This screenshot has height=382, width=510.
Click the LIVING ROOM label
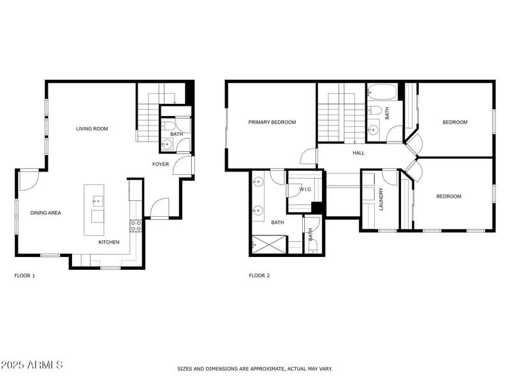tap(92, 129)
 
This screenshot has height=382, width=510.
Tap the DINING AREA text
tap(46, 213)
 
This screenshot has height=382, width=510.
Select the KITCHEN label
tap(108, 242)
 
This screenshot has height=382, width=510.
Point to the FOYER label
tap(160, 165)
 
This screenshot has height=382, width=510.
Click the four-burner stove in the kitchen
tap(136, 225)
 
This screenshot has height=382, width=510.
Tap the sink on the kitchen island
tap(97, 202)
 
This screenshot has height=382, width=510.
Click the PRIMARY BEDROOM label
tap(272, 122)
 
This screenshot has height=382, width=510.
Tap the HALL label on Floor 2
tap(359, 153)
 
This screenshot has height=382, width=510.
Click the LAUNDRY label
tap(381, 199)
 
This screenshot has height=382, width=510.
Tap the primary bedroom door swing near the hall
tap(309, 156)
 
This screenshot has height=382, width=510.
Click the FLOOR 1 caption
tap(25, 275)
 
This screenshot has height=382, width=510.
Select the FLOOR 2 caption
tap(259, 275)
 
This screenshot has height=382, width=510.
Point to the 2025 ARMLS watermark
tap(32, 365)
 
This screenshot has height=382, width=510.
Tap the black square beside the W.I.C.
tap(317, 208)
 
